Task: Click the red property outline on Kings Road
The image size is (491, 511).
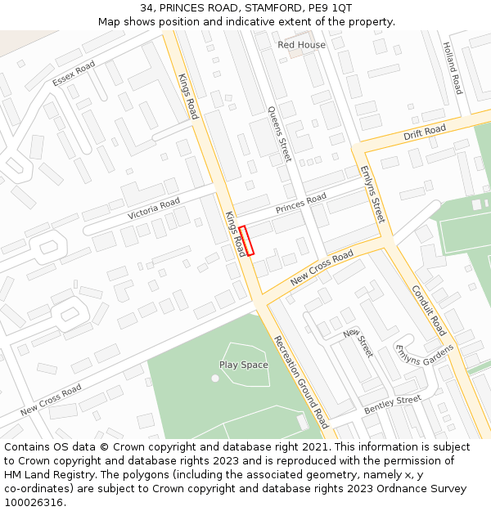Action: (246, 240)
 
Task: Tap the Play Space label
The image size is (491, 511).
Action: (243, 365)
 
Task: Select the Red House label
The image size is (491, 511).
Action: (301, 45)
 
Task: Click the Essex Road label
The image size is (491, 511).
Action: (74, 74)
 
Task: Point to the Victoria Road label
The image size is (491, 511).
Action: (153, 208)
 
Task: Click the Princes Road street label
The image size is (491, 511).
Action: (300, 204)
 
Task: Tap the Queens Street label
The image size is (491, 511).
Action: (280, 133)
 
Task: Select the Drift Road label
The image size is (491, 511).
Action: (425, 132)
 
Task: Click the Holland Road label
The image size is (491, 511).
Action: (453, 69)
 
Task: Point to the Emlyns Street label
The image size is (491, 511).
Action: (372, 195)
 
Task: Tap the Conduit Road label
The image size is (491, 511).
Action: (429, 311)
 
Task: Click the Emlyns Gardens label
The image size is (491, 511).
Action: (424, 355)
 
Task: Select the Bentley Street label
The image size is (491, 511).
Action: (392, 403)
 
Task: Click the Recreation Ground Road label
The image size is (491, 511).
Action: (300, 382)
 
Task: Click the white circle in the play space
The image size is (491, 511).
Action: (215, 378)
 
